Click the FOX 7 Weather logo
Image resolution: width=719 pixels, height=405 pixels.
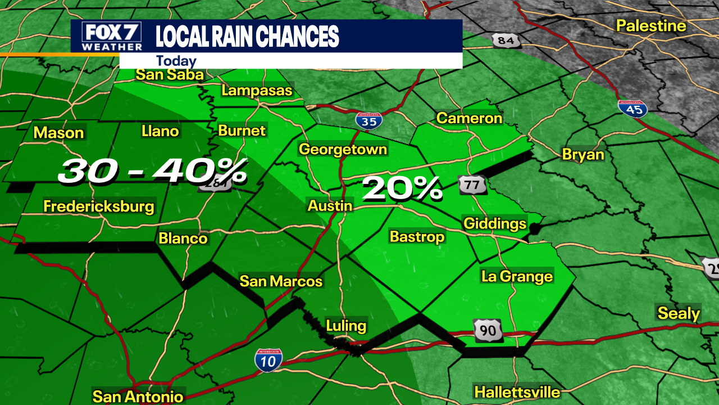pyautogui.click(x=112, y=37)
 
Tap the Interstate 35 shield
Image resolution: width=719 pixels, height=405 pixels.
pyautogui.click(x=369, y=120)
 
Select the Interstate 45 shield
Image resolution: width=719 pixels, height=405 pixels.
pyautogui.click(x=633, y=108)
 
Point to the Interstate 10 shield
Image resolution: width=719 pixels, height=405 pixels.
pyautogui.click(x=268, y=361)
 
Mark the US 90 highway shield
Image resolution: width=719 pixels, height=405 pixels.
pyautogui.click(x=488, y=330)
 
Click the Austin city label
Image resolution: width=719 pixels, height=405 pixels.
pyautogui.click(x=330, y=206)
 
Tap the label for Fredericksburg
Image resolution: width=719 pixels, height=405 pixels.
pyautogui.click(x=99, y=206)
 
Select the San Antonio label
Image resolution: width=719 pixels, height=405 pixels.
pyautogui.click(x=138, y=397)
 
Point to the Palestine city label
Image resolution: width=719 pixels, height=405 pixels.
pyautogui.click(x=651, y=26)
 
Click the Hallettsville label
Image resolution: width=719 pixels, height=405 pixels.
pyautogui.click(x=517, y=392)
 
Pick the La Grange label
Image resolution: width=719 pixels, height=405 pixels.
pyautogui.click(x=517, y=276)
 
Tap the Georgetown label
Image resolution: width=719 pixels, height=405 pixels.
pyautogui.click(x=343, y=149)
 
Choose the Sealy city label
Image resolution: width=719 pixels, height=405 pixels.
pyautogui.click(x=679, y=313)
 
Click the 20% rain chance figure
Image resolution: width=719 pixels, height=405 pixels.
pyautogui.click(x=402, y=190)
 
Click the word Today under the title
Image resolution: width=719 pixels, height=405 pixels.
pyautogui.click(x=176, y=61)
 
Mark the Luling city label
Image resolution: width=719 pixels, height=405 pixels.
pyautogui.click(x=346, y=325)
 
